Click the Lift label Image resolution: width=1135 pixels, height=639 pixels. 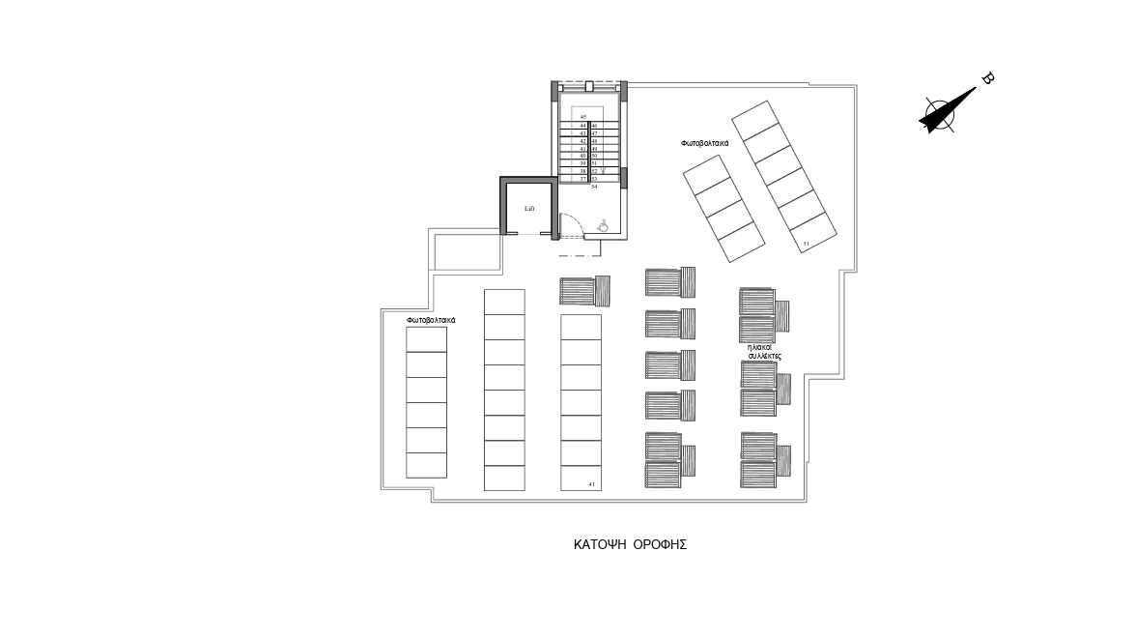click(x=528, y=208)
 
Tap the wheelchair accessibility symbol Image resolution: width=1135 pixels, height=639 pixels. click(x=603, y=226)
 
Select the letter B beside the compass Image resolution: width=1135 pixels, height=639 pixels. click(x=987, y=79)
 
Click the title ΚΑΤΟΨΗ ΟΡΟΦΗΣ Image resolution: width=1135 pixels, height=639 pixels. click(x=630, y=544)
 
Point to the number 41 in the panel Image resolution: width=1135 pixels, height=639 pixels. click(x=590, y=482)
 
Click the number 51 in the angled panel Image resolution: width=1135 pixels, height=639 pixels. click(x=806, y=245)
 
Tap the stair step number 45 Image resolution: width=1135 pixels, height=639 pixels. click(x=583, y=117)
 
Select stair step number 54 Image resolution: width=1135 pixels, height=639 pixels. click(x=594, y=187)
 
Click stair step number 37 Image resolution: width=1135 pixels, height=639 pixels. click(x=583, y=179)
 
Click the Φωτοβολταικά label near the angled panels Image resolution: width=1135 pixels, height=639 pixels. click(x=704, y=143)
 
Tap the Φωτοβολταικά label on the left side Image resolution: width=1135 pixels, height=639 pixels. click(x=431, y=319)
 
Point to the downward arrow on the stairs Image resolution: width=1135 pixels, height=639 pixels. click(x=603, y=170)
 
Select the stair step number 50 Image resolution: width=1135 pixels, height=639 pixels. click(x=594, y=156)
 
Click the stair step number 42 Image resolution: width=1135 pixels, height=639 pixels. click(x=583, y=141)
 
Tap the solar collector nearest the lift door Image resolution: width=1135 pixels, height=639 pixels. click(x=584, y=290)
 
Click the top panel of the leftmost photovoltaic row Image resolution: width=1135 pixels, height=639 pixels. click(x=426, y=339)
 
